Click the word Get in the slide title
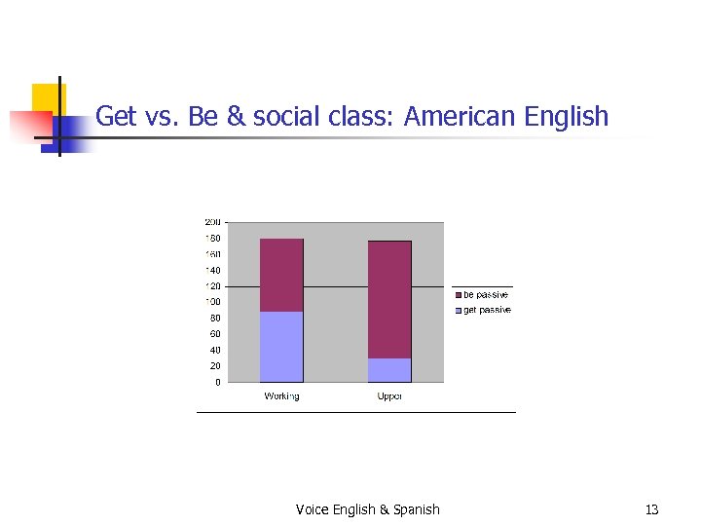[116, 117]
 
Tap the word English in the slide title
[566, 117]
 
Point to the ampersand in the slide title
[236, 117]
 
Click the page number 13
[651, 509]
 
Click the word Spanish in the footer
[417, 509]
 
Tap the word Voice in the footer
[313, 509]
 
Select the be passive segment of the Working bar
[281, 275]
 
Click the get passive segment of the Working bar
[281, 347]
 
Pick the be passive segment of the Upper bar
[389, 299]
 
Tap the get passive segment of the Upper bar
[389, 370]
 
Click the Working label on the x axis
[281, 396]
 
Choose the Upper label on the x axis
[389, 396]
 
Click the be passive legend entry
[483, 294]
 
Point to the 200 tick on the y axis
[212, 222]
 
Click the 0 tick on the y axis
[217, 382]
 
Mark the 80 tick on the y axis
[214, 318]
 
